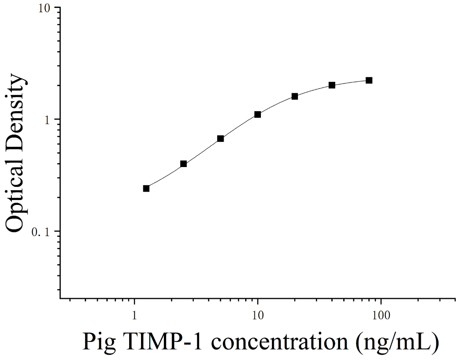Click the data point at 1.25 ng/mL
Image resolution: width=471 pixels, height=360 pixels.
point(146,189)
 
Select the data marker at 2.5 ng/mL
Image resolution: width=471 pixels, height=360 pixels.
point(184,164)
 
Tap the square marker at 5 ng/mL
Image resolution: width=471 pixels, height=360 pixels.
point(221,138)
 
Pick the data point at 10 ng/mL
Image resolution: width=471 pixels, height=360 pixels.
point(257,114)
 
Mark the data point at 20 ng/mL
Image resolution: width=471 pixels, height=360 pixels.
point(295,96)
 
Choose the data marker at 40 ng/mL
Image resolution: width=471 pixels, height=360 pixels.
point(332,85)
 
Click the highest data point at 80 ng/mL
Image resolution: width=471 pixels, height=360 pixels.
point(369,80)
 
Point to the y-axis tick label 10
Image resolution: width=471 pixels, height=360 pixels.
point(46,8)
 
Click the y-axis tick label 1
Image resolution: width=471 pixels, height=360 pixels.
point(47,120)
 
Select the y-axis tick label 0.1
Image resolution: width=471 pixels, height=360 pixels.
point(42,232)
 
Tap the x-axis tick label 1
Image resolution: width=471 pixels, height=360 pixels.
point(134,315)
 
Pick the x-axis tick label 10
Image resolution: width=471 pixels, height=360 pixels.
point(257,315)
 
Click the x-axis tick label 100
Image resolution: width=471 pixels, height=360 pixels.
point(380,315)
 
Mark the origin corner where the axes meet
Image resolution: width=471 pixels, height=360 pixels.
point(60,298)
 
